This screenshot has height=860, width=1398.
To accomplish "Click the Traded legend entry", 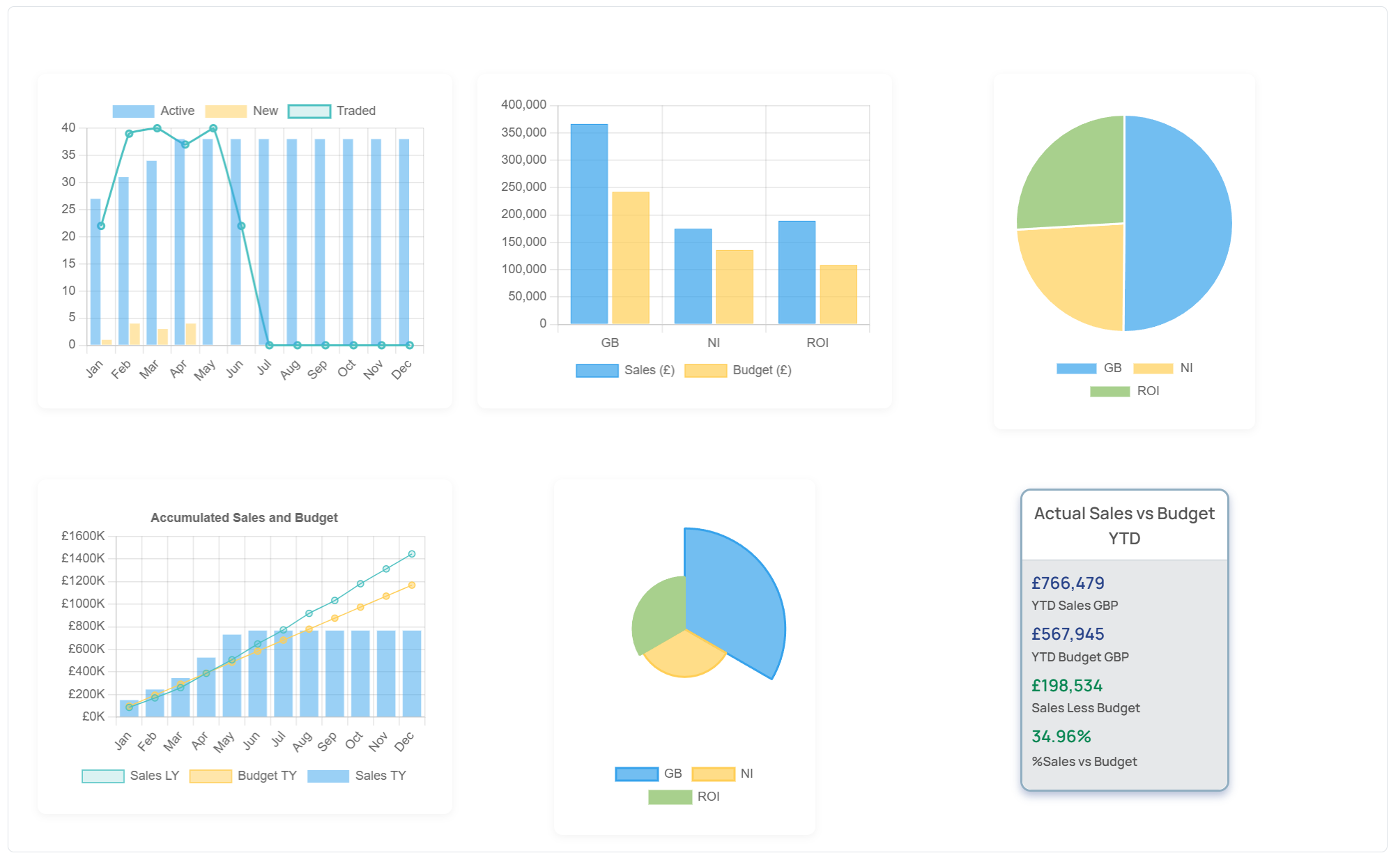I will pos(332,111).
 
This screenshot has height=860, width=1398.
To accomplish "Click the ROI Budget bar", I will pos(838,295).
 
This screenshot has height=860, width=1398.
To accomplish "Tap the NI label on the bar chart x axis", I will pos(714,343).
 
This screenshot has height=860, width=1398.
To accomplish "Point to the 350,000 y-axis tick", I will pos(523,132).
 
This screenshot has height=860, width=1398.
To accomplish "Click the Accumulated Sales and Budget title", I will pos(244,518).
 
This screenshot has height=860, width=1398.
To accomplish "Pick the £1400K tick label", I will pos(83,558).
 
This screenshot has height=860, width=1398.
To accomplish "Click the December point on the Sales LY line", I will pos(412,554).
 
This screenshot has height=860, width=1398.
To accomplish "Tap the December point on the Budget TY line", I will pos(412,585).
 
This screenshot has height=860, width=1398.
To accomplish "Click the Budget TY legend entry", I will pos(243,776).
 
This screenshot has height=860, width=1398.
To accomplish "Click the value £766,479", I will pos(1068,583).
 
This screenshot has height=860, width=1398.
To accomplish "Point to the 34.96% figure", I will pos(1061,737).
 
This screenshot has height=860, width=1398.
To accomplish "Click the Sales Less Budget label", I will pos(1085,708).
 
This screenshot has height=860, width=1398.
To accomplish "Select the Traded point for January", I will pos(101,226).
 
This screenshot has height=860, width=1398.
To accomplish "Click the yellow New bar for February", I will pos(135,334).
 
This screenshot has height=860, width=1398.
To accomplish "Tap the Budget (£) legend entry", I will pos(738,370).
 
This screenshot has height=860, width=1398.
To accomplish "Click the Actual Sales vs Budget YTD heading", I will pos(1123,525).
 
